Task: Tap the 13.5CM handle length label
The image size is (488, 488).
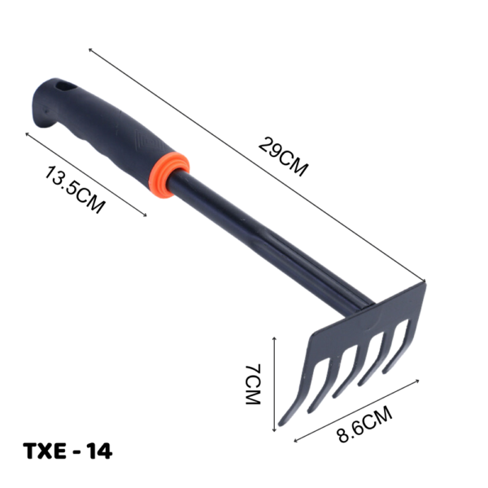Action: coord(74,190)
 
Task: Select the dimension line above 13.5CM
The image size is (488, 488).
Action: coord(85,172)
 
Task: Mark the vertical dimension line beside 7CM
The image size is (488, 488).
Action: coord(274,382)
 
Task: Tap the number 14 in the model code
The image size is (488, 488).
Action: coord(99,451)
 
